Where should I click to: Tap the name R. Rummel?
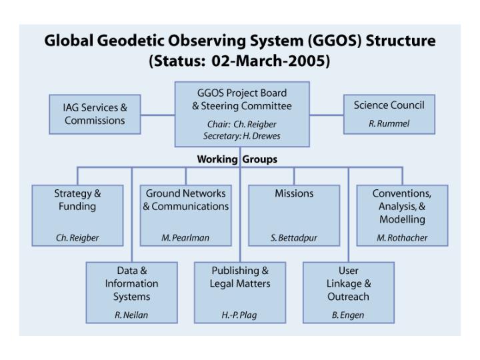click(389, 123)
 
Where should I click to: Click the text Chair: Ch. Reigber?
click(241, 124)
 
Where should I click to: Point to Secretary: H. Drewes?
click(241, 135)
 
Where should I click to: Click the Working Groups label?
click(237, 159)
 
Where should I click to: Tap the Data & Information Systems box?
click(131, 292)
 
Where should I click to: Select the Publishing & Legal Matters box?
click(240, 292)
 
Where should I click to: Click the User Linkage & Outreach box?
click(348, 292)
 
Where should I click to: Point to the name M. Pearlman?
click(185, 238)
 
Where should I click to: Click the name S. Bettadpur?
click(294, 238)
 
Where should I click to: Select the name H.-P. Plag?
click(240, 315)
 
